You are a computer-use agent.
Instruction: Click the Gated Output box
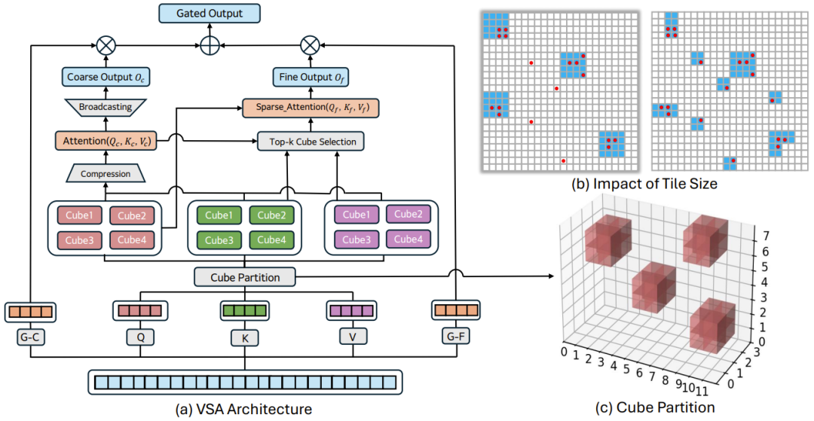pos(210,13)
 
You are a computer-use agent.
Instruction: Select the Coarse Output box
pos(106,78)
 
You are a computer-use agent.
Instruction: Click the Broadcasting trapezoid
pos(106,108)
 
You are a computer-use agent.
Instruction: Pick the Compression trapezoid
pos(106,174)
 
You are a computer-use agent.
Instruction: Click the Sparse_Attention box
pos(310,109)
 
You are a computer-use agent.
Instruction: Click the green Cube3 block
pos(219,240)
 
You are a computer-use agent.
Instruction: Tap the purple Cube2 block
pos(408,215)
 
